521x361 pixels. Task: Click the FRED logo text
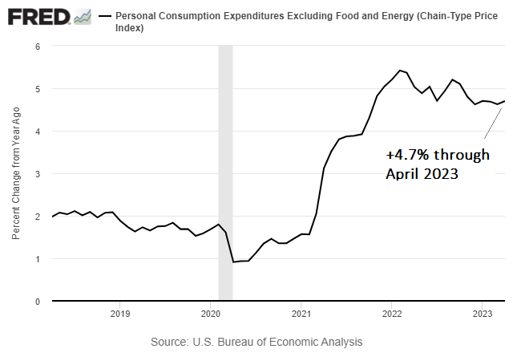click(x=36, y=16)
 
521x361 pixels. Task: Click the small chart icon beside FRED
click(x=82, y=16)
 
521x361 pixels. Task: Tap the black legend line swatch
click(x=104, y=16)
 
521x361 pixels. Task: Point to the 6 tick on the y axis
click(x=38, y=47)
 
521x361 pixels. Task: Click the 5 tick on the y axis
click(x=38, y=89)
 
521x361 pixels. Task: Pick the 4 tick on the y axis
click(x=38, y=132)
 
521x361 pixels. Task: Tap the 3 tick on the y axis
click(x=38, y=174)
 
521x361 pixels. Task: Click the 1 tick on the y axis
click(x=38, y=259)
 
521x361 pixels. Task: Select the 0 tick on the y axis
click(x=38, y=302)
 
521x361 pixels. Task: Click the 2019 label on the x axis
click(x=119, y=313)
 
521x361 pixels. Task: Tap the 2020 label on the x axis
click(x=209, y=313)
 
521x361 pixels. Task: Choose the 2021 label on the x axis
click(x=301, y=313)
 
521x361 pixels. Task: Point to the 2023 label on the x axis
click(x=483, y=313)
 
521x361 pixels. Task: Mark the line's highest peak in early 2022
click(x=400, y=71)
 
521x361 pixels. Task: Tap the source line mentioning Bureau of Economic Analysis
click(x=256, y=342)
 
